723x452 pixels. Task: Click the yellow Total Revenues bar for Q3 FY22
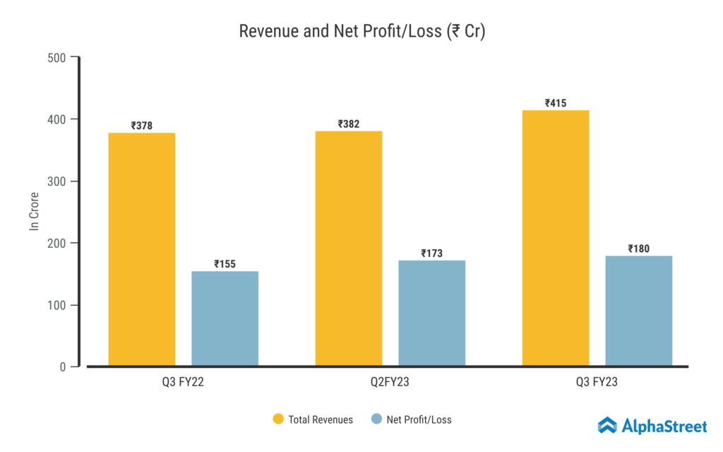tap(142, 249)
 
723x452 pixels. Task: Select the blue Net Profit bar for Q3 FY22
tap(225, 318)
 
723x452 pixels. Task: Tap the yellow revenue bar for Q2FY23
tap(349, 248)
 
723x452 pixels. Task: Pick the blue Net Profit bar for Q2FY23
tap(431, 313)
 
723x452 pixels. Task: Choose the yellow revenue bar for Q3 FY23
tap(556, 238)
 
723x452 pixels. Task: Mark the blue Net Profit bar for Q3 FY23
tap(638, 311)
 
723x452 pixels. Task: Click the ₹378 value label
tap(142, 126)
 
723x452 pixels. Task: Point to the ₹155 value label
tap(225, 264)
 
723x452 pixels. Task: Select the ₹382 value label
tap(349, 124)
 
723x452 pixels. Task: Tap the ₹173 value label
tap(431, 253)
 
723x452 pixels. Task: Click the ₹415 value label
tap(556, 103)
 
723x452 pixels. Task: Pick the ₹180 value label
tap(638, 249)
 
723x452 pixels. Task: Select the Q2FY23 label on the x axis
tap(390, 382)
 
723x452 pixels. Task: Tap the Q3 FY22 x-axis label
tap(184, 382)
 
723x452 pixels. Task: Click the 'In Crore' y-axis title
tap(33, 211)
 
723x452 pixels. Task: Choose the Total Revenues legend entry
tap(313, 420)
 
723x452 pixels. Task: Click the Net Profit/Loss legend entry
tap(411, 420)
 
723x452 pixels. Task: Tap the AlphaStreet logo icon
tap(607, 425)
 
